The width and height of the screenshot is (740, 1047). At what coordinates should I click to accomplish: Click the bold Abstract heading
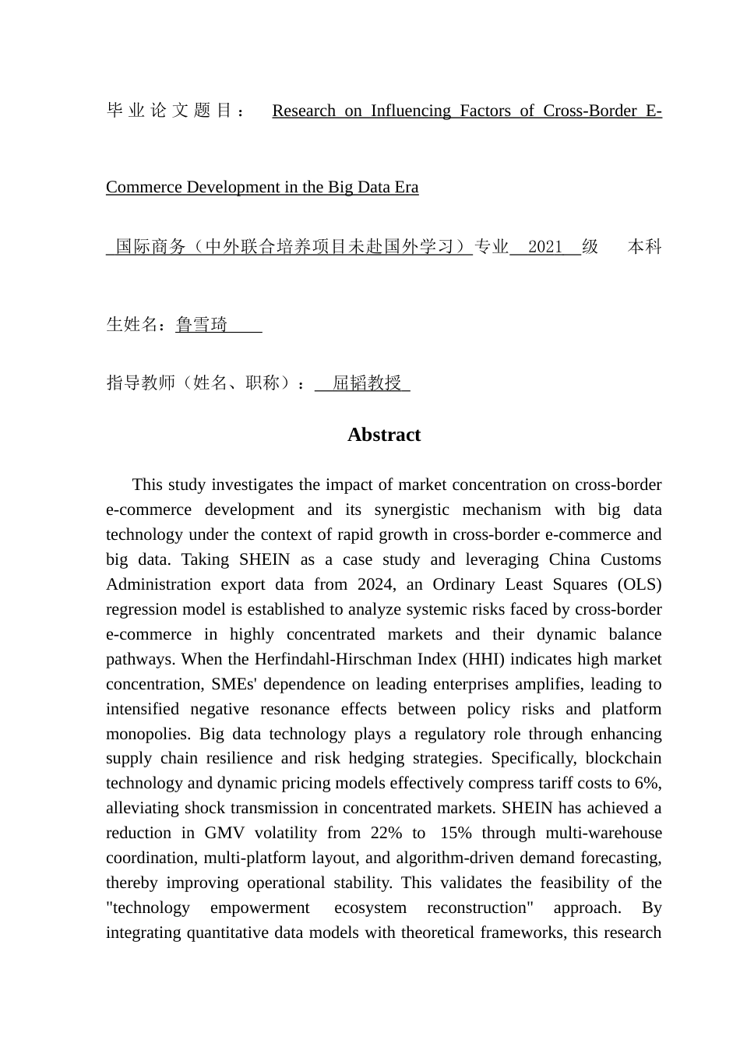click(383, 435)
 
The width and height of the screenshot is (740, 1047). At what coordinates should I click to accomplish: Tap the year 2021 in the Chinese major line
click(544, 247)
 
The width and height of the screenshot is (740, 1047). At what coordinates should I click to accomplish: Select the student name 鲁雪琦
click(202, 324)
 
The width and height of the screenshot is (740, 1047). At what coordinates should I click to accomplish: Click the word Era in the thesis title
click(405, 187)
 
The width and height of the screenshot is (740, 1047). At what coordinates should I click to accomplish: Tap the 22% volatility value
click(386, 833)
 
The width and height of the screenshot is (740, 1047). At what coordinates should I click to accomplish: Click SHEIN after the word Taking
click(264, 559)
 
